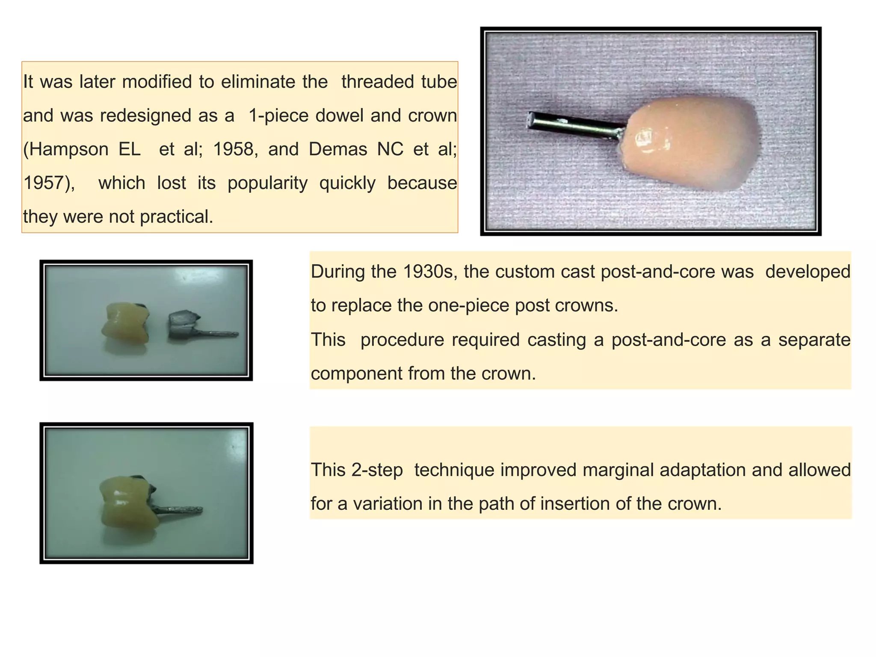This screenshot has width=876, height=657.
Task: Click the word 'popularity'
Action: (x=267, y=183)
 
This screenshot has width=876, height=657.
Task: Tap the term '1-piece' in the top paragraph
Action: (x=278, y=115)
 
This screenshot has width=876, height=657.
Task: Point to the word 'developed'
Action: (x=808, y=272)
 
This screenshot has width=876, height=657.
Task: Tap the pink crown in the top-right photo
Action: (x=689, y=143)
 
